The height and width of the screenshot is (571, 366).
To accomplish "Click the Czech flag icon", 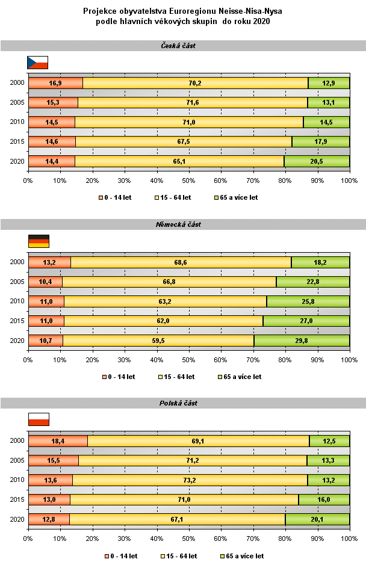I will (37, 62).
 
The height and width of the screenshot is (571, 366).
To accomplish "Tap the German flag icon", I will (39, 241).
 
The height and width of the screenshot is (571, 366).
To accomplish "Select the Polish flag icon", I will (39, 419).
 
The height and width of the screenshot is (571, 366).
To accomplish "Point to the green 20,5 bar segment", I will (317, 161).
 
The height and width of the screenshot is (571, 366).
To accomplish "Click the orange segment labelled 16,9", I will (55, 83).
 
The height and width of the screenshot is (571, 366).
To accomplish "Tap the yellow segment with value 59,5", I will (158, 340).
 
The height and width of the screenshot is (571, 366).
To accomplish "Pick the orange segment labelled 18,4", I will (58, 441).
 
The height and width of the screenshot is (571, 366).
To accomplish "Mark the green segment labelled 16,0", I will (324, 499).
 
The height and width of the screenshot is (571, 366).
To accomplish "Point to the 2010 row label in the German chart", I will (16, 301).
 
